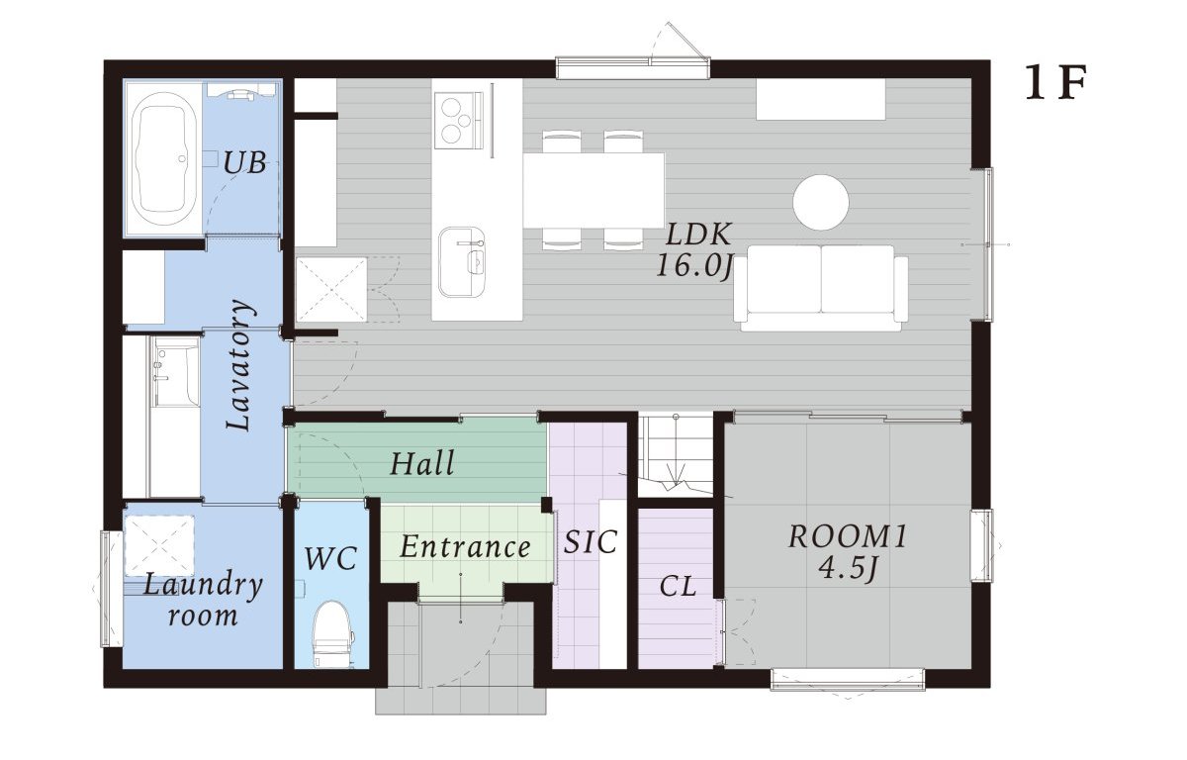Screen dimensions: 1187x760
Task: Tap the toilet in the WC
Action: pos(331,634)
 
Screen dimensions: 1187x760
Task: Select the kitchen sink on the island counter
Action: pos(462,262)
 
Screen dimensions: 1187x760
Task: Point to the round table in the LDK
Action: pos(821,202)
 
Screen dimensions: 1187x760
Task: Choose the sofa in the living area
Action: pos(821,288)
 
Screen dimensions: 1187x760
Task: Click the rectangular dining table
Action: pos(594,190)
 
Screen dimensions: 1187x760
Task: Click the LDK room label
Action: pos(698,235)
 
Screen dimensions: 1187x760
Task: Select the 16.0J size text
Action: pos(694,265)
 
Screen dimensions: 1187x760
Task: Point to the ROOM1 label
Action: pos(848,535)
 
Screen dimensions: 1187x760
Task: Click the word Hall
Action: pos(422,463)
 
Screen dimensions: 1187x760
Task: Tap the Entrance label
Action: pos(465,546)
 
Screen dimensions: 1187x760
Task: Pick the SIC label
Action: pos(591,541)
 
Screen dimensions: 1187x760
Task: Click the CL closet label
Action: pos(678,587)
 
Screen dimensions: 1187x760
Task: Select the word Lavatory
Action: pos(239,364)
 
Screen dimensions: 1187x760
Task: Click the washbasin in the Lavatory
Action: pos(176,371)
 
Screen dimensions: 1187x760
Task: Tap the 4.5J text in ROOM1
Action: pos(848,568)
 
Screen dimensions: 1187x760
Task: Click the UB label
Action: pos(244,162)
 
